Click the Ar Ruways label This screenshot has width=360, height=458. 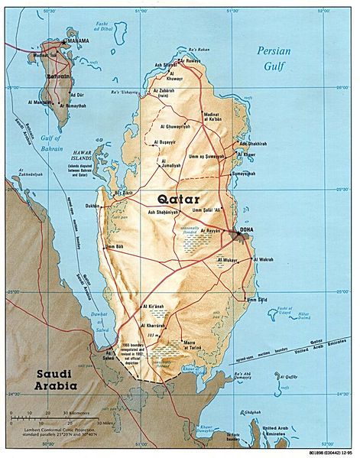190,61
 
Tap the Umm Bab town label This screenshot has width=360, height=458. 113,246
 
